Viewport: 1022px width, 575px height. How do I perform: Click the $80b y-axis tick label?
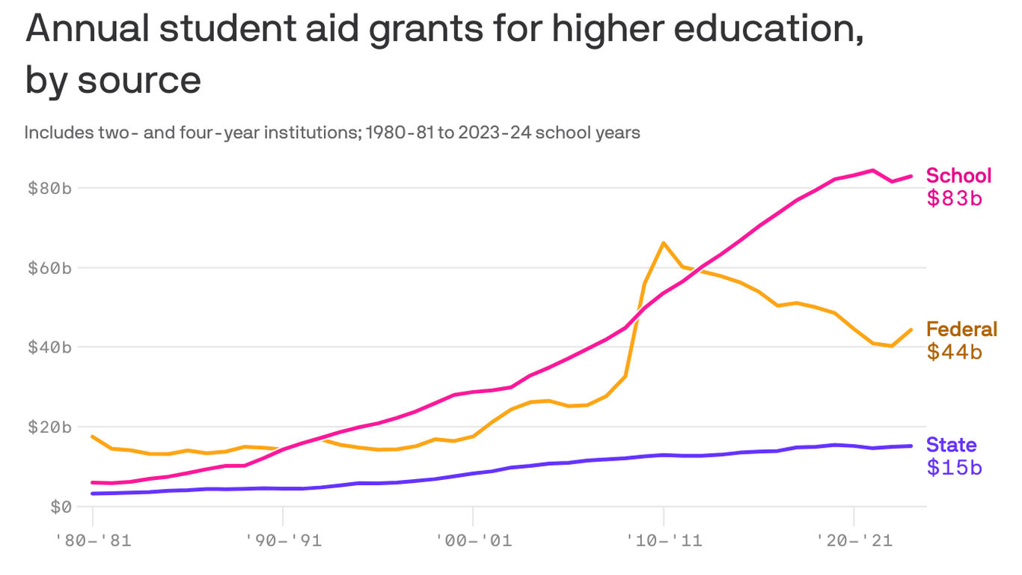(49, 188)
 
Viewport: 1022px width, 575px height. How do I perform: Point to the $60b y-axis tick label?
(49, 267)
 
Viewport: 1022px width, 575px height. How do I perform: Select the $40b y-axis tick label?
(49, 347)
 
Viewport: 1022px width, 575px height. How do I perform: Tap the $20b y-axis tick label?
(49, 427)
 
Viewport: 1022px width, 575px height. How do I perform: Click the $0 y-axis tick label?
(59, 507)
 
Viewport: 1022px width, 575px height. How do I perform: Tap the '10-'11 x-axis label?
(663, 539)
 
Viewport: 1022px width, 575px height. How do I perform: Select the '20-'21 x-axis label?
(854, 539)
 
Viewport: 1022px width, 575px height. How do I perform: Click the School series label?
(958, 176)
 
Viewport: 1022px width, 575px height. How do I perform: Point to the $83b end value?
(954, 198)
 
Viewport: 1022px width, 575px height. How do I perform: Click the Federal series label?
(961, 329)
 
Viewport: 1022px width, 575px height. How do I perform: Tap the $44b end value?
(954, 352)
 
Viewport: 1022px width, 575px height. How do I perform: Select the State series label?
(951, 445)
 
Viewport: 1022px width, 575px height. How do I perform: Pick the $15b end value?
(954, 468)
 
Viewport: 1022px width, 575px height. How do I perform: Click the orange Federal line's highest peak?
(664, 243)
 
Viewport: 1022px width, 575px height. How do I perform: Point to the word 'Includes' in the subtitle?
(55, 133)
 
